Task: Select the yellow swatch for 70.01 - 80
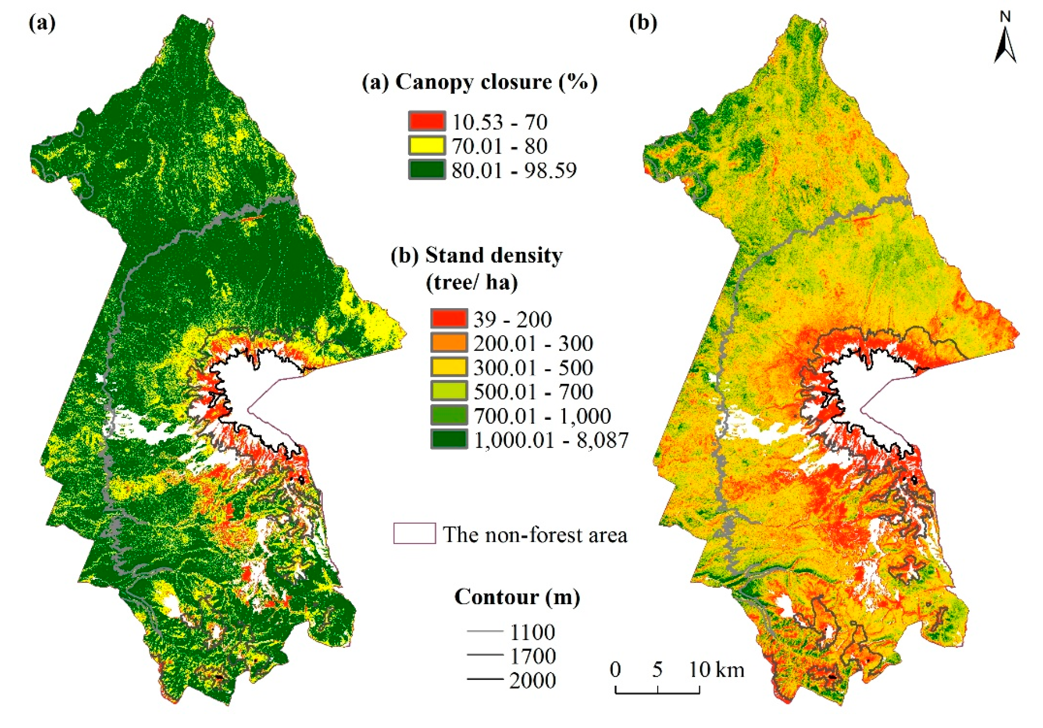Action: pyautogui.click(x=426, y=145)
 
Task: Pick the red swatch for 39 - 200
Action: pyautogui.click(x=449, y=318)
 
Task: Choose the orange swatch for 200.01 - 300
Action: pyautogui.click(x=449, y=342)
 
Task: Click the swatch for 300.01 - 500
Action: pyautogui.click(x=449, y=367)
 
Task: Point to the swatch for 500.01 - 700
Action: pyautogui.click(x=449, y=391)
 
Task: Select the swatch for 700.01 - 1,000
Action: pyautogui.click(x=449, y=415)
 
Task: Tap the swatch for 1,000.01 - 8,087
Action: pyautogui.click(x=449, y=439)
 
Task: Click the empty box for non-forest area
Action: pyautogui.click(x=414, y=533)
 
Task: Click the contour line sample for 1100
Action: pyautogui.click(x=485, y=632)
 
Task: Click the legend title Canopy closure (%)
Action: pyautogui.click(x=479, y=82)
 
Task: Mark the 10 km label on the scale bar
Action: pyautogui.click(x=716, y=669)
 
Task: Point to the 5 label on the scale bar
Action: pyautogui.click(x=657, y=669)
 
